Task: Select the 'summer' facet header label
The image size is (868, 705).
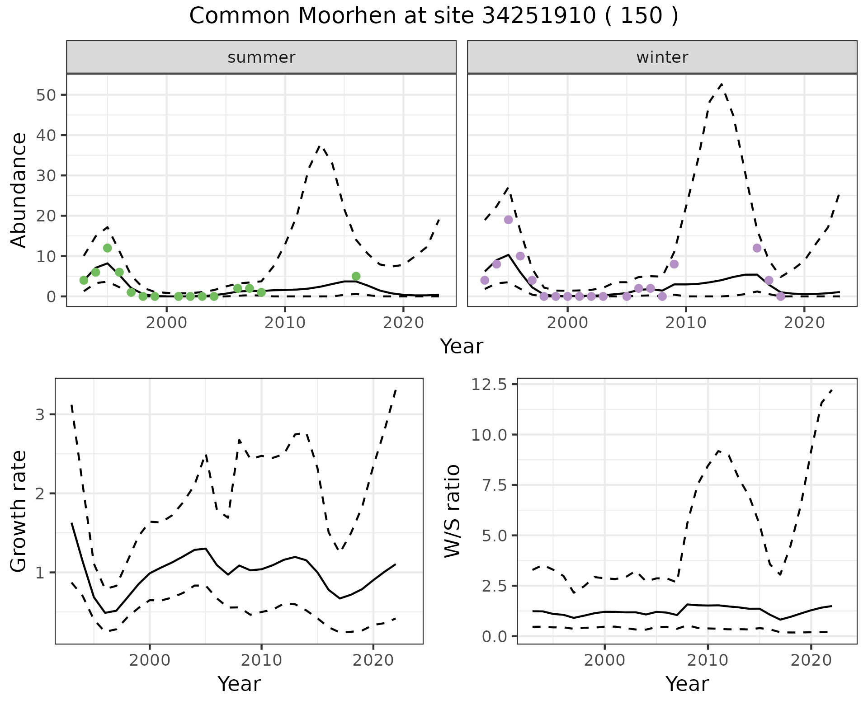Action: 261,57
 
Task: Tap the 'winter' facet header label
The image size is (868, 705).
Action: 662,57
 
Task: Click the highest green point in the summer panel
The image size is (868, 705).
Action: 107,248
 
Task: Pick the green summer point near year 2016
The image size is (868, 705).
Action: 356,276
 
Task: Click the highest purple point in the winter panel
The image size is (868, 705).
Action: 508,220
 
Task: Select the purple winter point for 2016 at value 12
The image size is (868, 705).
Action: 757,248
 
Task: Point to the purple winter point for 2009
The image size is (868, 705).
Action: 674,264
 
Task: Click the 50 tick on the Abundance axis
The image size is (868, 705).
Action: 47,95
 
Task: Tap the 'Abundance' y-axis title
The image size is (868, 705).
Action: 19,190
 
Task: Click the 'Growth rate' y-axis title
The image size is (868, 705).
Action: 19,511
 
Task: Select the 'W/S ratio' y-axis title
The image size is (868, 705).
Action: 452,511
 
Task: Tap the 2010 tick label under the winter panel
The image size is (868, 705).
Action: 686,323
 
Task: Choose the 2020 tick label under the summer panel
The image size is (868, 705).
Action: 403,323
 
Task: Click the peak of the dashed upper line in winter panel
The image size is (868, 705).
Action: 722,84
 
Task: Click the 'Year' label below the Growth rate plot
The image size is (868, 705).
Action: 239,684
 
